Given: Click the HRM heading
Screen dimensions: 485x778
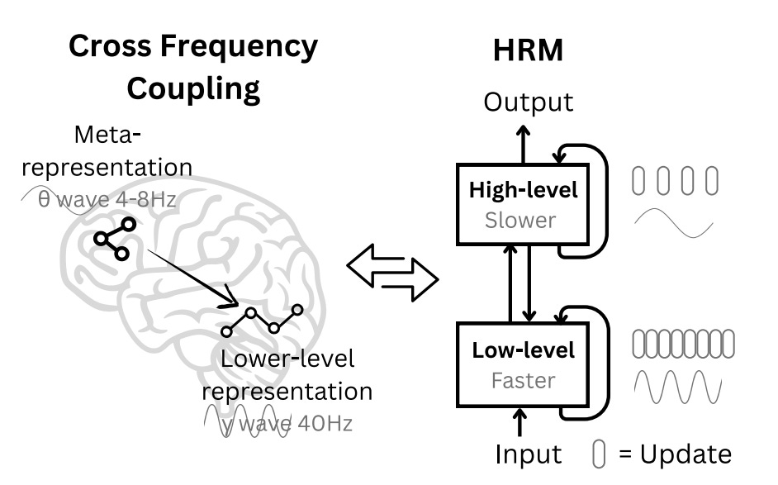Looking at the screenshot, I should pos(528,50).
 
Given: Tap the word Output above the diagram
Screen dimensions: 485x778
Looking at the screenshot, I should pos(528,102).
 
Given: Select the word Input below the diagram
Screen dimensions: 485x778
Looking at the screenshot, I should pos(529,454).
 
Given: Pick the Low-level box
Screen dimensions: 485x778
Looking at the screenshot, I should pos(524,364).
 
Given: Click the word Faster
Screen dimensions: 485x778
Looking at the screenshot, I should pos(524,381).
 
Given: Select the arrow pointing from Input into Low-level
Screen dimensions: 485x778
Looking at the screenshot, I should pos(520,423).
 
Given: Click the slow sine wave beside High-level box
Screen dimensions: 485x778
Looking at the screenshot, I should pos(672,221).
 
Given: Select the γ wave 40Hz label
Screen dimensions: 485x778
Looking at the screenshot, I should pos(278,424).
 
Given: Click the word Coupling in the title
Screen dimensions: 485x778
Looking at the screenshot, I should pos(192,88).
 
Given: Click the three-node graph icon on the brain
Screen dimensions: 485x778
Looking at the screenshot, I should pos(113,239).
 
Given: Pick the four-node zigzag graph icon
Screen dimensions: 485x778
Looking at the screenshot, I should pos(262,321).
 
